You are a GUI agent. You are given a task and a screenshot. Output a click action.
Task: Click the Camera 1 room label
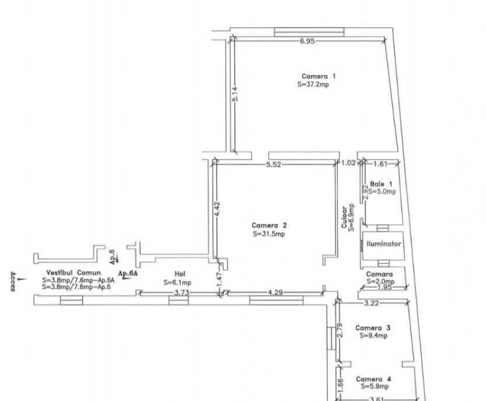point(318,76)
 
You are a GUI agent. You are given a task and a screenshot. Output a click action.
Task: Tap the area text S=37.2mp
point(313,85)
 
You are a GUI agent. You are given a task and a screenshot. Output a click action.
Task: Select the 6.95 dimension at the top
point(307,41)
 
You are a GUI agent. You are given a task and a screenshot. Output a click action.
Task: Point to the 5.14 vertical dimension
point(235,94)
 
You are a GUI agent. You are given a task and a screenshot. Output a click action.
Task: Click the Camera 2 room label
point(269,226)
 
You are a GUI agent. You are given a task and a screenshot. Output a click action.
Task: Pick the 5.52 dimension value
point(273,164)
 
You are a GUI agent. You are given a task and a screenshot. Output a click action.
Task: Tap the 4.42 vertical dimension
point(217,209)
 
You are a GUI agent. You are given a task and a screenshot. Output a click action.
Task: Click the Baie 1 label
point(381,184)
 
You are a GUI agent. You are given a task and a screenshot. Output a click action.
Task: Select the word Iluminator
point(384,244)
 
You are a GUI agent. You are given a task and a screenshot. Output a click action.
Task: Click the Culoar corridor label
point(344,217)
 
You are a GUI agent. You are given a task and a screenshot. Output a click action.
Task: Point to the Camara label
point(379,275)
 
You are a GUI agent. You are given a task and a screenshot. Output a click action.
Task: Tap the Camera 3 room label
point(373,328)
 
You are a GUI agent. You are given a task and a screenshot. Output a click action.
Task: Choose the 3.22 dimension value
point(371,304)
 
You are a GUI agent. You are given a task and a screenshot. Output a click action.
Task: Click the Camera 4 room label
point(373,379)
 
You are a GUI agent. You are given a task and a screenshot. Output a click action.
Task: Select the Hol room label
point(180,274)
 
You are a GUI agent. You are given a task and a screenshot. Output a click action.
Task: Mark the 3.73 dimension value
point(181,293)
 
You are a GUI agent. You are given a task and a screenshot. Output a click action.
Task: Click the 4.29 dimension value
point(275,293)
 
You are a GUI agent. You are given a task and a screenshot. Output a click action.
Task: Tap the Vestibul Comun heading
point(74,273)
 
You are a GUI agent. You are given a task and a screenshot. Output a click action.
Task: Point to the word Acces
point(13,282)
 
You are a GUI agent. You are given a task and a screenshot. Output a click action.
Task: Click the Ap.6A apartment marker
point(128,273)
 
